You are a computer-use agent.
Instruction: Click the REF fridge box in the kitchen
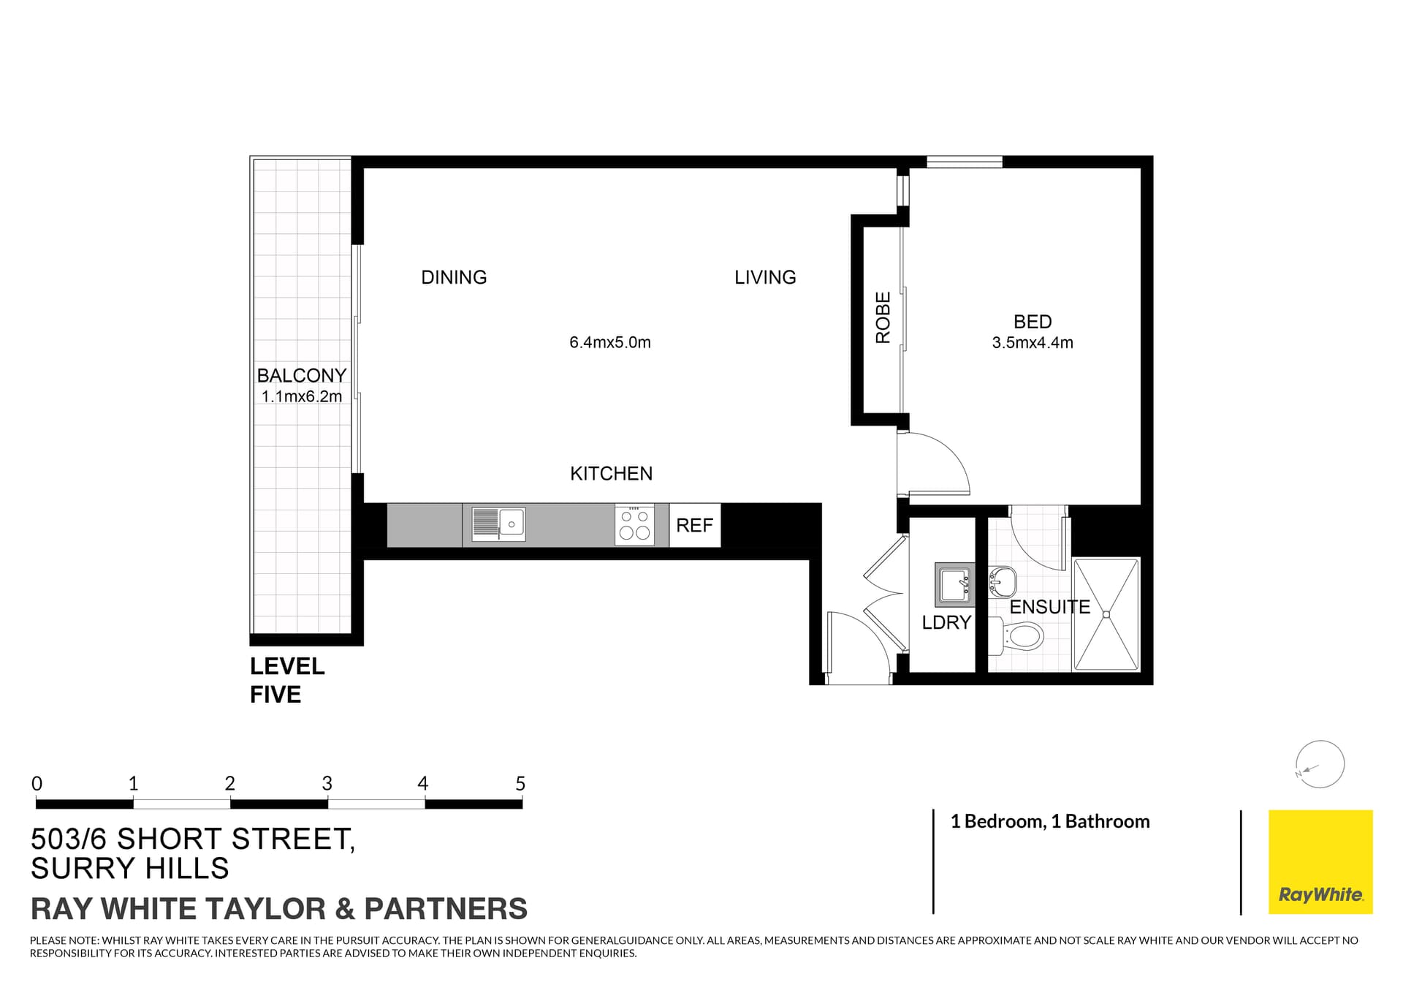(694, 525)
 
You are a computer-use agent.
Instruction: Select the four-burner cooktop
(634, 525)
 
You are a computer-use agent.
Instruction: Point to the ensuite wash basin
(1003, 582)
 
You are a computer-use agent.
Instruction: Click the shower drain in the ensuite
(1106, 615)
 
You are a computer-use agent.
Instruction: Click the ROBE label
(883, 317)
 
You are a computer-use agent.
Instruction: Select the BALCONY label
(301, 375)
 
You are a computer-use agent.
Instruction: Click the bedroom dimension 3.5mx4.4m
(1032, 342)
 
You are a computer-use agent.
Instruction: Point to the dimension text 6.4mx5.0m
(609, 342)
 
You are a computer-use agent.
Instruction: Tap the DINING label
(454, 277)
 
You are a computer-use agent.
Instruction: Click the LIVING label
(765, 277)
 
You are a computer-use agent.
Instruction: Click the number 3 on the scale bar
(327, 784)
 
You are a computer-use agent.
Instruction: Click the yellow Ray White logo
(1320, 861)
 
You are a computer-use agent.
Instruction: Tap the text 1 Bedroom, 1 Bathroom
(1049, 821)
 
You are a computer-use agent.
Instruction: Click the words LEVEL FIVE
(286, 680)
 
